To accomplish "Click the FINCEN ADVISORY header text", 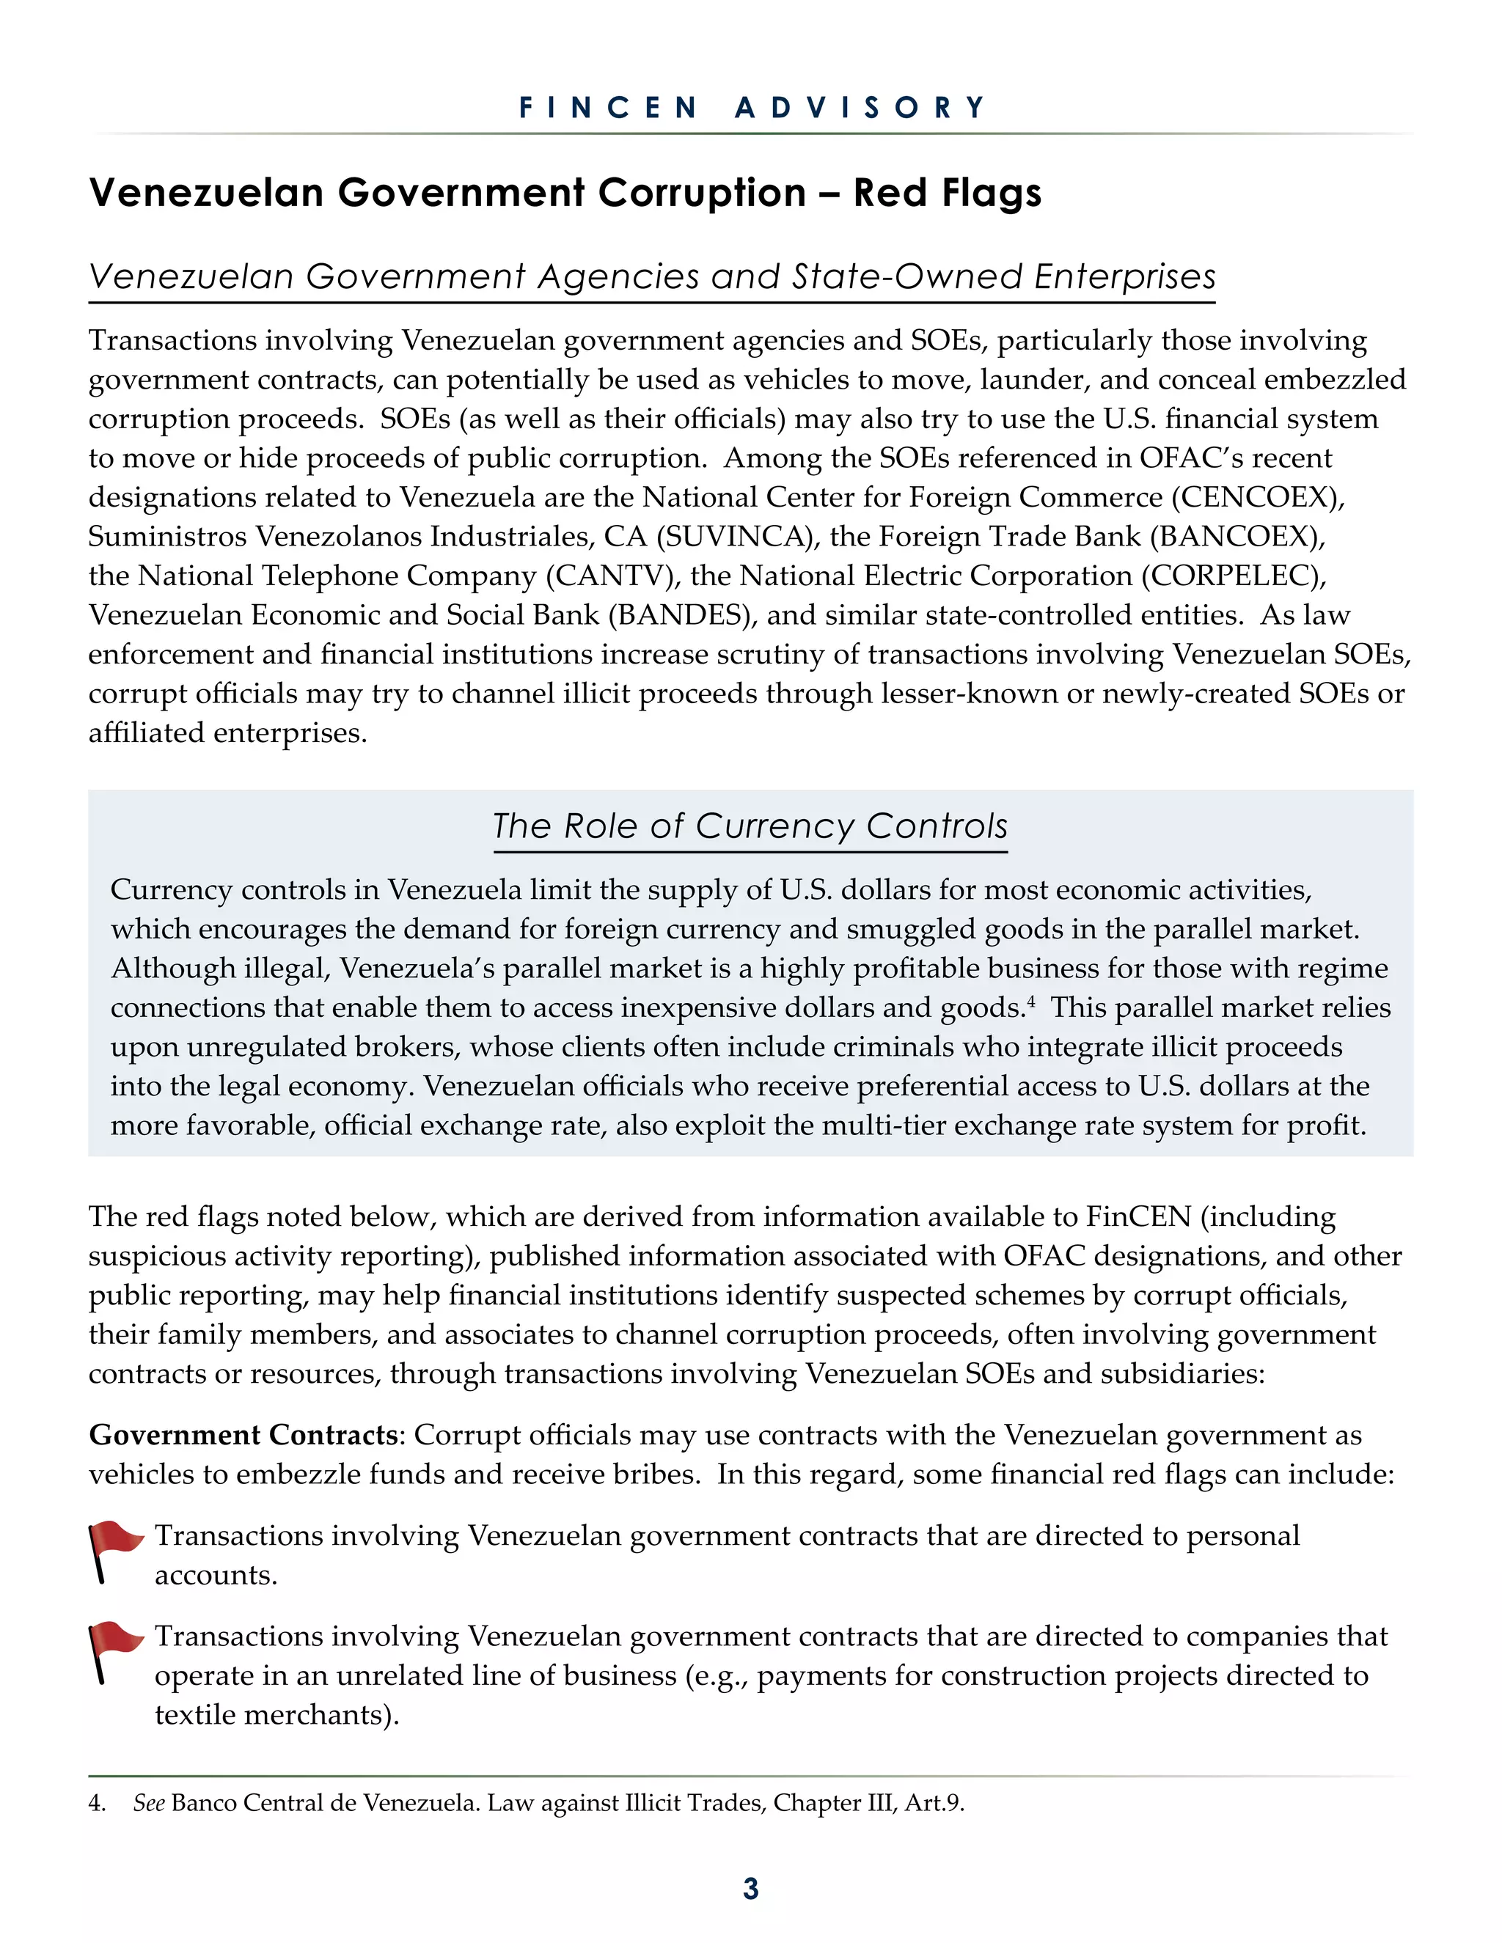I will coord(752,108).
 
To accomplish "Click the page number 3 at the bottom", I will coord(750,1888).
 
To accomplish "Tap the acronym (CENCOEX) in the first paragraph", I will coord(1257,497).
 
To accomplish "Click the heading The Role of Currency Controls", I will coord(750,826).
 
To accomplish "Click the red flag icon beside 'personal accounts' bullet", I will coord(114,1551).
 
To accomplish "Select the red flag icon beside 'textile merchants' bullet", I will coord(114,1651).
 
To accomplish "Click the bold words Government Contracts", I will coord(243,1435).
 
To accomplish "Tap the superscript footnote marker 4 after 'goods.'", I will coord(1031,1001).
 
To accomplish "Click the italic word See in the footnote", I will coord(149,1804).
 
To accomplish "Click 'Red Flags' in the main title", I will coord(947,193).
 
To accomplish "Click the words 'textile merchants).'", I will coord(276,1714).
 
